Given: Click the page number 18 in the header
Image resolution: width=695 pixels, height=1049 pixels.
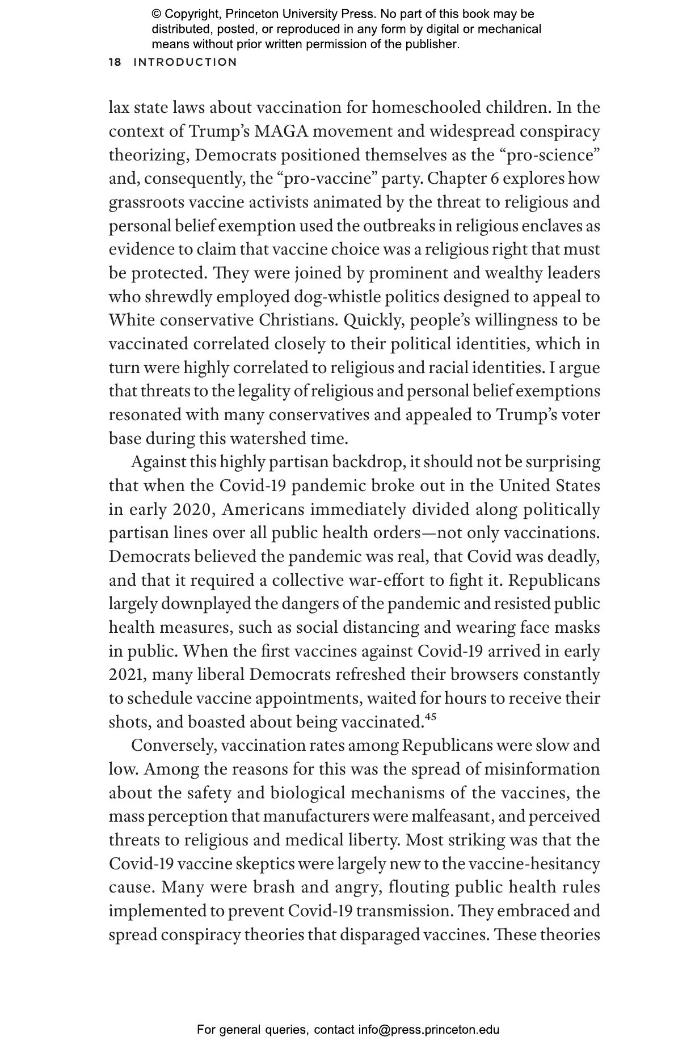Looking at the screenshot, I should (115, 62).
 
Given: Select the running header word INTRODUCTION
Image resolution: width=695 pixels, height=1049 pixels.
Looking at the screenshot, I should (185, 62).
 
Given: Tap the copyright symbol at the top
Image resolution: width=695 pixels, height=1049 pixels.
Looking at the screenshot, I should (156, 14).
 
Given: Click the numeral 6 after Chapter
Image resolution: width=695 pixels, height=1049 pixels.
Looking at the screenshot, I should (494, 179).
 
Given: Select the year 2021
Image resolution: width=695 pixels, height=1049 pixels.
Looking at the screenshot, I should (128, 675).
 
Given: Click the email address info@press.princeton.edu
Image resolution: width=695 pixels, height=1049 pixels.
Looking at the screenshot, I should (428, 1030).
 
